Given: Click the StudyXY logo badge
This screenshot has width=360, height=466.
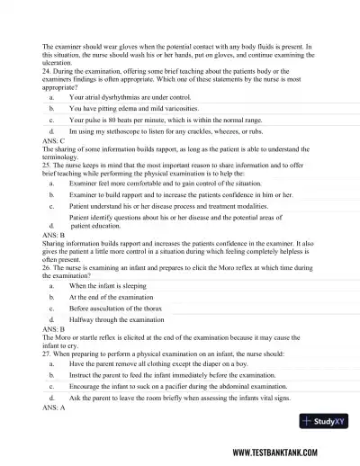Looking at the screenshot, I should [x=325, y=422].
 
